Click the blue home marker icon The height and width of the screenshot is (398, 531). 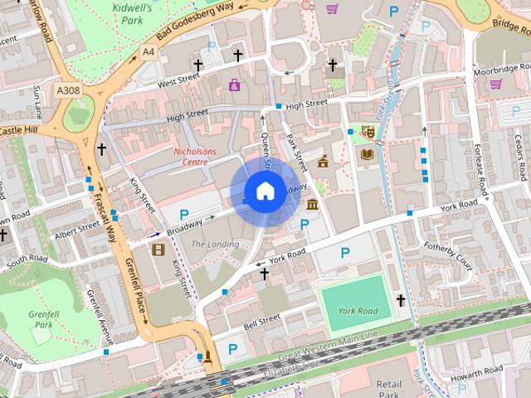tap(265, 192)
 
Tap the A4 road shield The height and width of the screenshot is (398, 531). tap(148, 51)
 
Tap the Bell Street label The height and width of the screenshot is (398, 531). tap(262, 319)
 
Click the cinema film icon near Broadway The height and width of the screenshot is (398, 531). tap(158, 248)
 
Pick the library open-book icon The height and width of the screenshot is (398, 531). tap(368, 153)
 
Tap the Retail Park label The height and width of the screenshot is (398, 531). tap(388, 390)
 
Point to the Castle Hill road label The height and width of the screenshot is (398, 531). tap(19, 131)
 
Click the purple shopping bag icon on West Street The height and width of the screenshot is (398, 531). tap(235, 85)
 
